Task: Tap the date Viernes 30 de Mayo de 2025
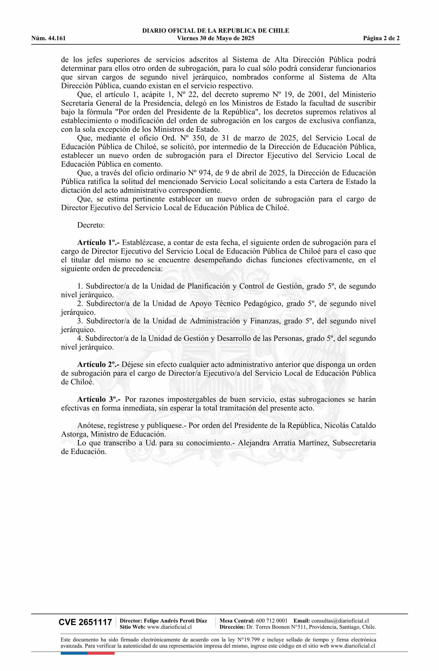(216, 38)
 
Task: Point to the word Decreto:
(91, 225)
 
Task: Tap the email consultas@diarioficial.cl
(340, 621)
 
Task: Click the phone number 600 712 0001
(272, 621)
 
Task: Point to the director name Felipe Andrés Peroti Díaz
(175, 621)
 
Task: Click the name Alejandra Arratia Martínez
(284, 443)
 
